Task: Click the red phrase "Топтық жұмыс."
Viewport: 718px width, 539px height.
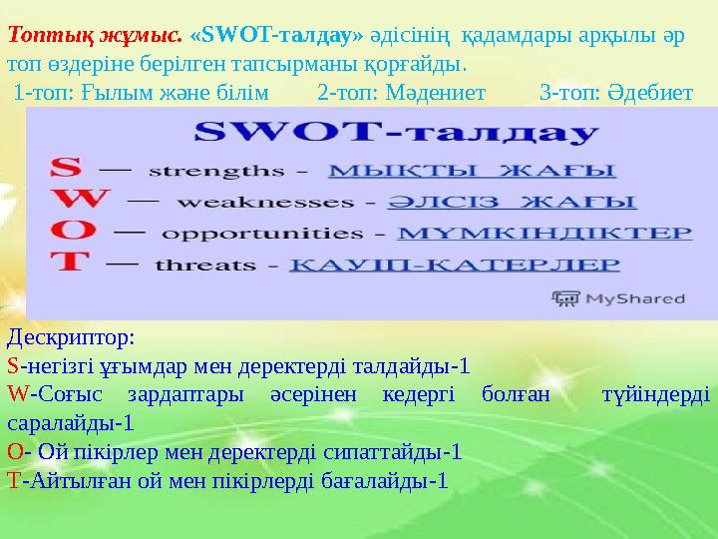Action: (95, 34)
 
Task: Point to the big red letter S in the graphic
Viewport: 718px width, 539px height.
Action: (67, 167)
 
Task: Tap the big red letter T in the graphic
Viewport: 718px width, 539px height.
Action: (67, 265)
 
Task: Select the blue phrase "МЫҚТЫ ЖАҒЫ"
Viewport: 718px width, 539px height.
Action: (472, 168)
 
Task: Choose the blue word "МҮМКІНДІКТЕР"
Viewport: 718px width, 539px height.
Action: (543, 234)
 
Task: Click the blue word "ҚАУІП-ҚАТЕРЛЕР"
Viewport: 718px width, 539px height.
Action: (454, 267)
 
